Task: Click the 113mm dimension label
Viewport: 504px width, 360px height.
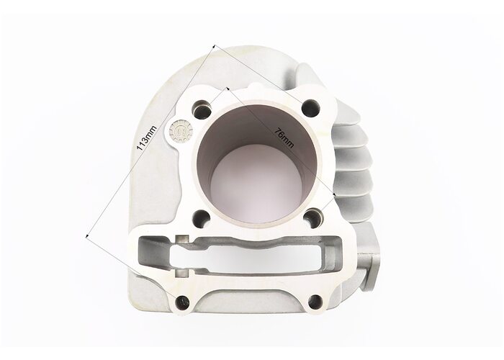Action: [x=146, y=138]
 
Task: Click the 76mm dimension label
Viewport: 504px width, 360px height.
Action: [x=284, y=138]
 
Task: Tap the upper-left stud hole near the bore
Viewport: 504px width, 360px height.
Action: [x=202, y=109]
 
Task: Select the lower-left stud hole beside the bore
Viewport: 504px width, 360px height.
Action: [x=202, y=219]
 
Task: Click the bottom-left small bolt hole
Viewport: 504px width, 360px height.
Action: [x=183, y=302]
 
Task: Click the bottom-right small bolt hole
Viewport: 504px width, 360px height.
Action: [x=315, y=302]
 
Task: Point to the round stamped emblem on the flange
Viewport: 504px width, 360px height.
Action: [x=181, y=132]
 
